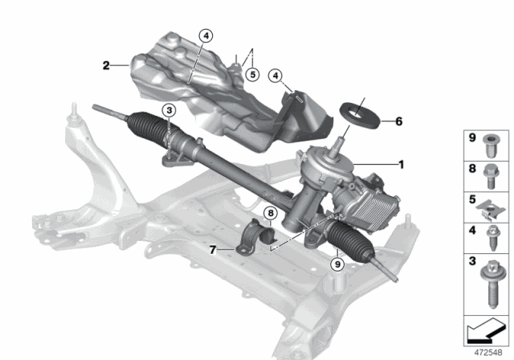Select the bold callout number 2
104,66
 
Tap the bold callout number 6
398,121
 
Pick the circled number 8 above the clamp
271,213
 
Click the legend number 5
472,199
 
